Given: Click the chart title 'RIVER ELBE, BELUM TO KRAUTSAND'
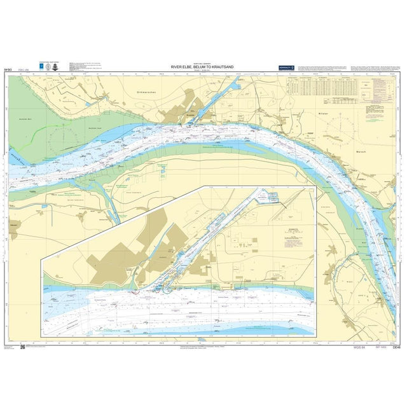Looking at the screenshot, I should click(x=203, y=66).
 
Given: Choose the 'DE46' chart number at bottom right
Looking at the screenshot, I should click(x=396, y=347).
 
